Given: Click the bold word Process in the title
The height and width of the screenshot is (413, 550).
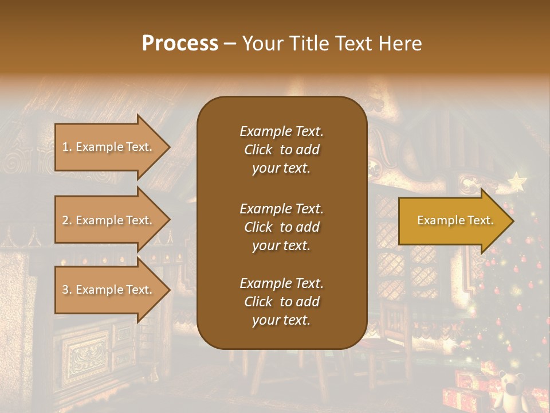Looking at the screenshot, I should click(x=180, y=43).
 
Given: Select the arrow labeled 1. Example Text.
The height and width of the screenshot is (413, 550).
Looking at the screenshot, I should click(x=109, y=147).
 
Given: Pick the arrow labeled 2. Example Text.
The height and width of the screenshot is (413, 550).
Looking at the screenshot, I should click(x=109, y=220).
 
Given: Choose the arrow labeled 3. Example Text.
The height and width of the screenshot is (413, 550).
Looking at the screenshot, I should click(x=109, y=290).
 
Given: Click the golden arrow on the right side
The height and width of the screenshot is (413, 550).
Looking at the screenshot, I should click(x=453, y=221).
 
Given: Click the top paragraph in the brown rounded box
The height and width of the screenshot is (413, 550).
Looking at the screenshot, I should click(x=281, y=150).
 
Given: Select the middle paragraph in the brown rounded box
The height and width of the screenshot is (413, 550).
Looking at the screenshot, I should click(x=281, y=227).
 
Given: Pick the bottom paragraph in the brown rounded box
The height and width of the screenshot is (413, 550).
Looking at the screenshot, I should click(x=281, y=302).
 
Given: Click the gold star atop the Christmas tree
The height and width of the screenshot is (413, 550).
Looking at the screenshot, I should click(x=517, y=182).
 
